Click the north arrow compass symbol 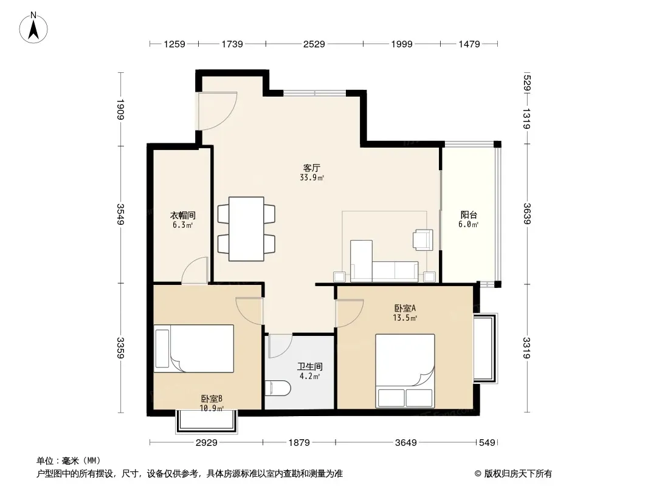pyautogui.click(x=33, y=28)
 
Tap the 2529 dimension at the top pyautogui.click(x=314, y=44)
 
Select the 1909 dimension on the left pyautogui.click(x=120, y=109)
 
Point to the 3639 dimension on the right pyautogui.click(x=527, y=213)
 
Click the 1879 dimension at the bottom pyautogui.click(x=299, y=443)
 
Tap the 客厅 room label pyautogui.click(x=312, y=168)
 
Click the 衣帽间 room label pyautogui.click(x=182, y=215)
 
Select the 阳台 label pyautogui.click(x=469, y=214)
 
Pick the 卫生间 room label pyautogui.click(x=310, y=366)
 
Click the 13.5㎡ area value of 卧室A pyautogui.click(x=405, y=318)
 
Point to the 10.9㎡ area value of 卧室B pyautogui.click(x=212, y=408)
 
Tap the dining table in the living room pyautogui.click(x=246, y=229)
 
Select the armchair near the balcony pyautogui.click(x=422, y=240)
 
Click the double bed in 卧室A pyautogui.click(x=405, y=371)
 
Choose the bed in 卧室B pyautogui.click(x=194, y=349)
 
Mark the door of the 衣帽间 pyautogui.click(x=195, y=270)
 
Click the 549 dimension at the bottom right pyautogui.click(x=487, y=443)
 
